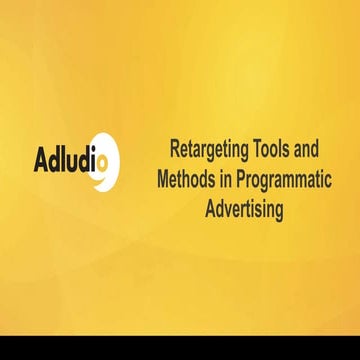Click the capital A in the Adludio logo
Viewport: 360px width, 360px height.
pyautogui.click(x=41, y=160)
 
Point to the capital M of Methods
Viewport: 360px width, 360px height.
pyautogui.click(x=165, y=181)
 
